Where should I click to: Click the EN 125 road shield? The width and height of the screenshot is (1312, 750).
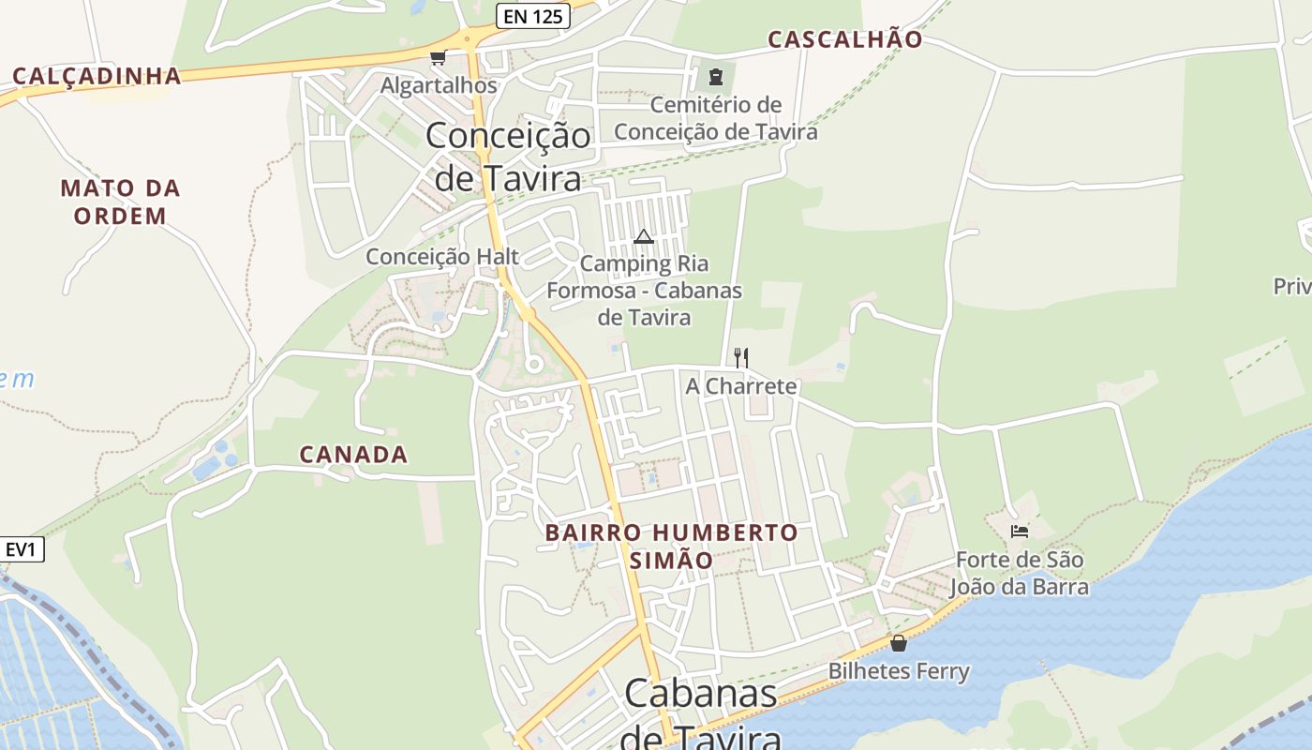532,16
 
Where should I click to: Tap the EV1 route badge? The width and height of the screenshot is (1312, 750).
21,549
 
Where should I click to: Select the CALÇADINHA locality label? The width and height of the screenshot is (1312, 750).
97,76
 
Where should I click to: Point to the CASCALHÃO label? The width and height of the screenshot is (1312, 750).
845,39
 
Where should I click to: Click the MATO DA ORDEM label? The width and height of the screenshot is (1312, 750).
121,202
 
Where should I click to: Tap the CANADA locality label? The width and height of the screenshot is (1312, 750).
353,455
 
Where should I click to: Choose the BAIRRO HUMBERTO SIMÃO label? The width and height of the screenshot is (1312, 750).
672,547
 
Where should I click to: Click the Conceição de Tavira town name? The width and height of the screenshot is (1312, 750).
508,156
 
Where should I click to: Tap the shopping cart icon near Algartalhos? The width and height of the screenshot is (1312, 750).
438,58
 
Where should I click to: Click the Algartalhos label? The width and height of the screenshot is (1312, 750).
439,85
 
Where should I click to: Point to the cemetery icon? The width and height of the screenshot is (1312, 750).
716,77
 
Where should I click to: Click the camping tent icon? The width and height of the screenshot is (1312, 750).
643,236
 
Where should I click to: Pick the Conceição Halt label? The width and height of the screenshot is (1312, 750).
442,257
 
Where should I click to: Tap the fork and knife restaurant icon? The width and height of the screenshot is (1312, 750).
740,357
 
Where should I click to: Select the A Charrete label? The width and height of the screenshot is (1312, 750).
740,386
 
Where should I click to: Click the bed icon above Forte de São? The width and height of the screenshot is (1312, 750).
1020,532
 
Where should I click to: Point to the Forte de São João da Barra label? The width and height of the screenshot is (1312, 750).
1020,574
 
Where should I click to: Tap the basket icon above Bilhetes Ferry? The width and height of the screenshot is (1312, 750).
899,643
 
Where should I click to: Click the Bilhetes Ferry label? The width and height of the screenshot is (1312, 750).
899,671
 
